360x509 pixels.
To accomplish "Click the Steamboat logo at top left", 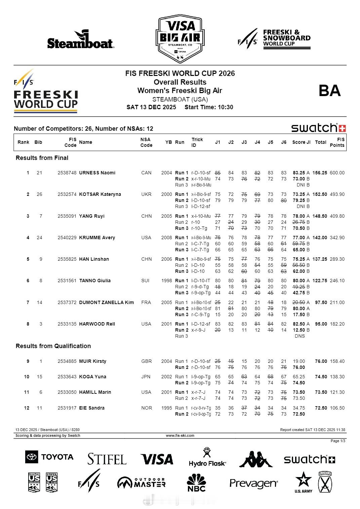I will [80, 40].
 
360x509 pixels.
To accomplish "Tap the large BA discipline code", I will [329, 91].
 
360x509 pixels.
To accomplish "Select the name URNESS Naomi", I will [97, 173].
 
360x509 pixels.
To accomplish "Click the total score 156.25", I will [320, 173].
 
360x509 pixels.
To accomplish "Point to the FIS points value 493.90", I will [337, 194].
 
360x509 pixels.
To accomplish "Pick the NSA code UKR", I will [147, 194].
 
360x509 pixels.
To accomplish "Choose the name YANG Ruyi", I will [92, 216].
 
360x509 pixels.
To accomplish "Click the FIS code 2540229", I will [67, 238].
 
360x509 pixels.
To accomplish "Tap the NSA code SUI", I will [145, 281].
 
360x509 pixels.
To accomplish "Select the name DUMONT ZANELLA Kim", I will [106, 302].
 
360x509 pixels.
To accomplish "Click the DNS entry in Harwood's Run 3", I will [299, 336].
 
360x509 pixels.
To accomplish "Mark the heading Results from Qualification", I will [53, 346].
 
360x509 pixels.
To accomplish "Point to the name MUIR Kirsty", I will [92, 361].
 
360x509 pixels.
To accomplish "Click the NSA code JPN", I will [146, 377].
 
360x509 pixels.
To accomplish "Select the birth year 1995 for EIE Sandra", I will [166, 408].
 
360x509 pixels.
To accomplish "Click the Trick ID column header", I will [197, 142].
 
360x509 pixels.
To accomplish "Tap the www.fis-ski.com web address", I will [180, 435].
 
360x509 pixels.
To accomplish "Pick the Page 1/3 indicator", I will [338, 441].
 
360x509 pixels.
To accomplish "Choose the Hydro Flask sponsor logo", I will [207, 458].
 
